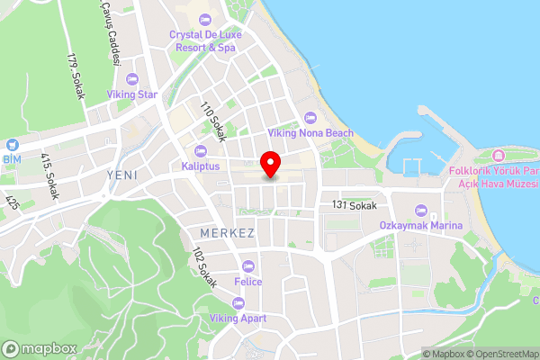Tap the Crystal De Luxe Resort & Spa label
tap(205, 40)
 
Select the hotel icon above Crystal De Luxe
tap(205, 20)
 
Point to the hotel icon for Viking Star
tap(132, 78)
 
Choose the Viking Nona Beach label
tap(310, 133)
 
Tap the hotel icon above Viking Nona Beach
tap(310, 117)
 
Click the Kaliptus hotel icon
tap(200, 150)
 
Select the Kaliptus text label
tap(200, 166)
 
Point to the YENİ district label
tap(121, 175)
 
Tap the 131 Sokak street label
tap(354, 206)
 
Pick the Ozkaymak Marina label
tap(420, 225)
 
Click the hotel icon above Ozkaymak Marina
tap(421, 209)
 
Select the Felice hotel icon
tap(248, 265)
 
